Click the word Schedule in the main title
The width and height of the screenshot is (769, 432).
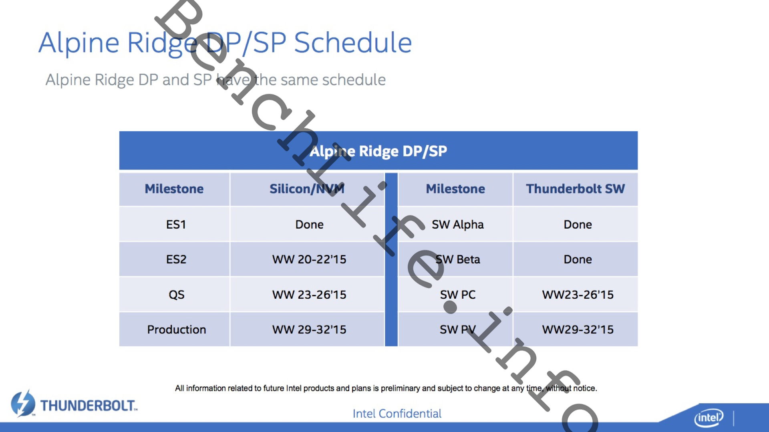353,42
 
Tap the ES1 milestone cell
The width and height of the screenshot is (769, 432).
176,224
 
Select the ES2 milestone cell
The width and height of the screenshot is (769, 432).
176,259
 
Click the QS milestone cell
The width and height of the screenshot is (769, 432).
176,295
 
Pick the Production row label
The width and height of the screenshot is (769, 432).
176,329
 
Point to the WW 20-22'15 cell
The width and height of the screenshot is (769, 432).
309,259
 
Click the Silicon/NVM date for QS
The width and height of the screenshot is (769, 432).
309,295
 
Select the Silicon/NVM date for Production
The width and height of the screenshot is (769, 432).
309,329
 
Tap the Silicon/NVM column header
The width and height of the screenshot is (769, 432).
307,189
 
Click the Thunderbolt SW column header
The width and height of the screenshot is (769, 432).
575,189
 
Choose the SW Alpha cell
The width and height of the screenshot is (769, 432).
457,225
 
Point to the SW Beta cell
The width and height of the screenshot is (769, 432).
457,259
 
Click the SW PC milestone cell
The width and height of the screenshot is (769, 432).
457,295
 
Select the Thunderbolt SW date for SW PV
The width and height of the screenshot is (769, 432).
578,329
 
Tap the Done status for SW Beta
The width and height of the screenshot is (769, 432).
578,259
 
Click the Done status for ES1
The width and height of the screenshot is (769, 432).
309,224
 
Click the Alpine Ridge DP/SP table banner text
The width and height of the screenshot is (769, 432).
378,151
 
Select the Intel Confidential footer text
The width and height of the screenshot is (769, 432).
397,413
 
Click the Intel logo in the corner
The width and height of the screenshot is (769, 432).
709,418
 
